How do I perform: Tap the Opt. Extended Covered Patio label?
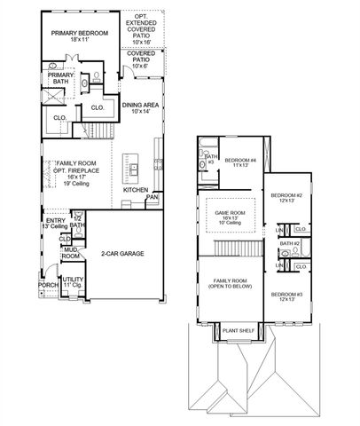pos(141,29)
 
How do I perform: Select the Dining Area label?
pos(139,108)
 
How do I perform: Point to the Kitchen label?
pos(136,190)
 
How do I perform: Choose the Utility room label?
pos(72,282)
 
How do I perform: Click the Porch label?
pos(48,286)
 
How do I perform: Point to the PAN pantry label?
pos(152,197)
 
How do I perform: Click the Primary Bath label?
pos(61,80)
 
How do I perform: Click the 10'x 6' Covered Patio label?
pos(141,62)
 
